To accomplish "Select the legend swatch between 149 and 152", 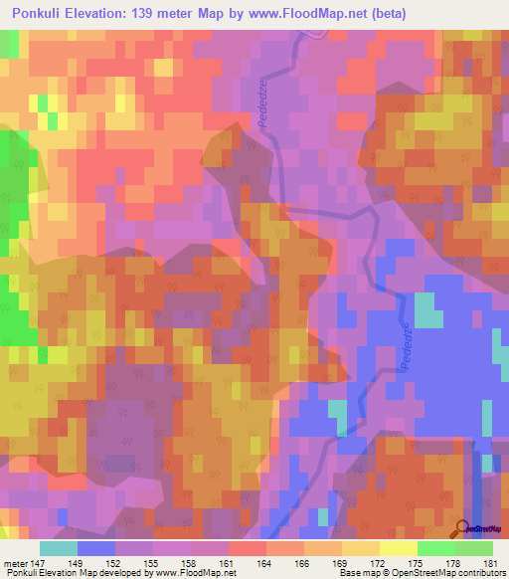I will (x=96, y=548).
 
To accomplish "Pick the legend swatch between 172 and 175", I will (x=399, y=548).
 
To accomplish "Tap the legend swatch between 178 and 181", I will (x=474, y=548).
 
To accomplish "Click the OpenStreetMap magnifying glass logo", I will (x=461, y=528).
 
